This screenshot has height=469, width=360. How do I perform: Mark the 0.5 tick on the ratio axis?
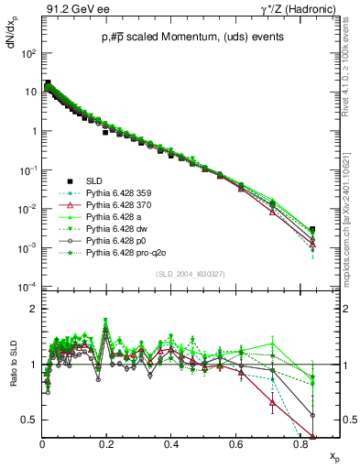coord(31,420)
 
